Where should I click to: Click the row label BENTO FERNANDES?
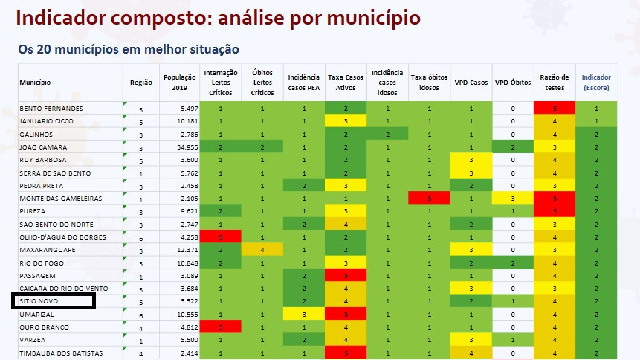51,109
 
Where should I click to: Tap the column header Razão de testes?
554,82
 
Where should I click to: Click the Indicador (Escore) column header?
596,82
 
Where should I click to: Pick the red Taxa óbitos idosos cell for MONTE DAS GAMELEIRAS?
429,199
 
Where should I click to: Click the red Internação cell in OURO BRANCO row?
221,327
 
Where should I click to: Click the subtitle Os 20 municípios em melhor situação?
128,50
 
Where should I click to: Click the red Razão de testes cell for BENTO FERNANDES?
554,109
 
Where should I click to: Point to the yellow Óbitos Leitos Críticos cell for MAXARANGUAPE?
262,250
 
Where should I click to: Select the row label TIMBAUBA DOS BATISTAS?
61,353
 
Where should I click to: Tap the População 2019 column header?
179,82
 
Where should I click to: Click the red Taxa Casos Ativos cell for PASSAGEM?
346,275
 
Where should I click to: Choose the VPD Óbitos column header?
512,82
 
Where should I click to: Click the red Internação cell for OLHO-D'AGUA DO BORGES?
221,237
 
